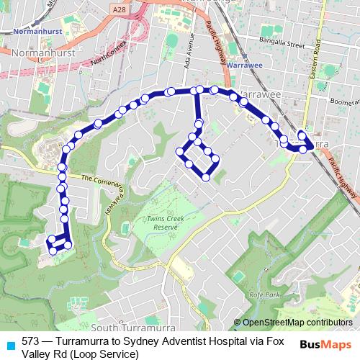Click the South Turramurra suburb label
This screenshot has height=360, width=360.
[x=130, y=328]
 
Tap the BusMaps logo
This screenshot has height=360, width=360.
[x=326, y=343]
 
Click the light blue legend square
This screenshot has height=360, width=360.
[x=10, y=342]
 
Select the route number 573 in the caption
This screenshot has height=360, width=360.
[x=30, y=341]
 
